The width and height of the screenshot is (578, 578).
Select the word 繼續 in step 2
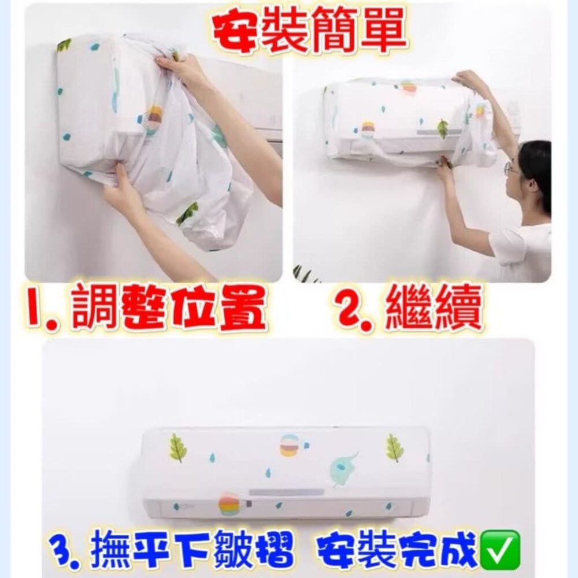click(x=432, y=308)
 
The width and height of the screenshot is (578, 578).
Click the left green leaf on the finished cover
click(x=177, y=447)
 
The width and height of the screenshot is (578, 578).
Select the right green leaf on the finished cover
click(x=394, y=447)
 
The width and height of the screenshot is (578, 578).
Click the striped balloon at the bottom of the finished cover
click(x=231, y=503)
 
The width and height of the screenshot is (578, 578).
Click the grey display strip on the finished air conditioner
click(x=286, y=492)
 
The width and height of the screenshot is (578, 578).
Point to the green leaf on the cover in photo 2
click(x=442, y=129)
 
